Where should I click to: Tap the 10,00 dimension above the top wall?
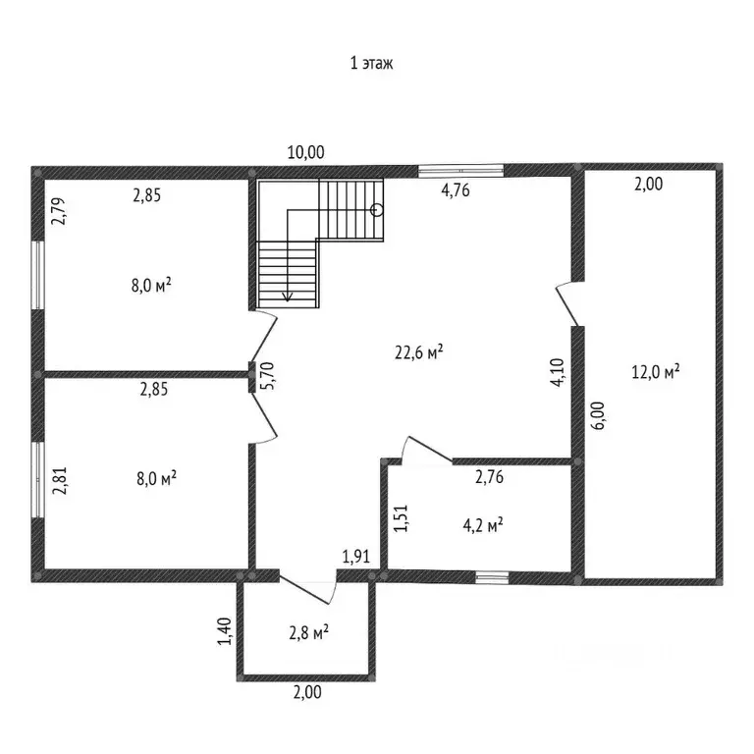[305, 152]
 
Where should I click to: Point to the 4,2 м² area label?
[482, 525]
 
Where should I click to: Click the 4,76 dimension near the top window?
[455, 191]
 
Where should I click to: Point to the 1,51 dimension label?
[400, 518]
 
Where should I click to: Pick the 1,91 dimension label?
[355, 558]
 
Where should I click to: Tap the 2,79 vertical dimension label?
[56, 212]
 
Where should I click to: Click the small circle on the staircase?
[377, 208]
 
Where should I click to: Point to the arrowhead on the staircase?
[289, 295]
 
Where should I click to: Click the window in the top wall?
[461, 171]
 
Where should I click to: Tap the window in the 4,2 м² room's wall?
[493, 576]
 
